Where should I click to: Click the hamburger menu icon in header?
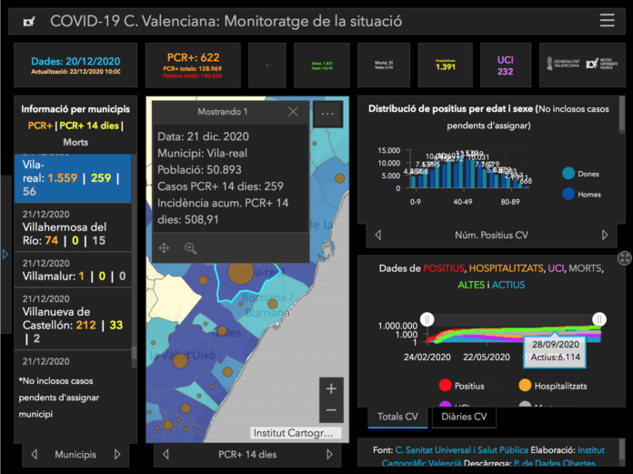pyautogui.click(x=607, y=21)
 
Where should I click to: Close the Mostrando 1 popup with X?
pyautogui.click(x=293, y=112)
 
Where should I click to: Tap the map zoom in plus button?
pyautogui.click(x=331, y=388)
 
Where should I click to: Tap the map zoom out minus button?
pyautogui.click(x=331, y=410)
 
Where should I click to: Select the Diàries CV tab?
pyautogui.click(x=464, y=417)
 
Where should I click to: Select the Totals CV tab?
pyautogui.click(x=397, y=417)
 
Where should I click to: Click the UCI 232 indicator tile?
pyautogui.click(x=505, y=66)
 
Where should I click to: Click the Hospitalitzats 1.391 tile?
pyautogui.click(x=446, y=66)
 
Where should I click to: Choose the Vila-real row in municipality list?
pyautogui.click(x=74, y=178)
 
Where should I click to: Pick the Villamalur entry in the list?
pyautogui.click(x=74, y=276)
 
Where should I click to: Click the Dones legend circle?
pyautogui.click(x=568, y=174)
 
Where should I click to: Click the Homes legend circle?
pyautogui.click(x=568, y=194)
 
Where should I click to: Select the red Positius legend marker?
pyautogui.click(x=445, y=386)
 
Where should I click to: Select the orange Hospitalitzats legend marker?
pyautogui.click(x=526, y=386)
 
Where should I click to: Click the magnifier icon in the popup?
pyautogui.click(x=190, y=247)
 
